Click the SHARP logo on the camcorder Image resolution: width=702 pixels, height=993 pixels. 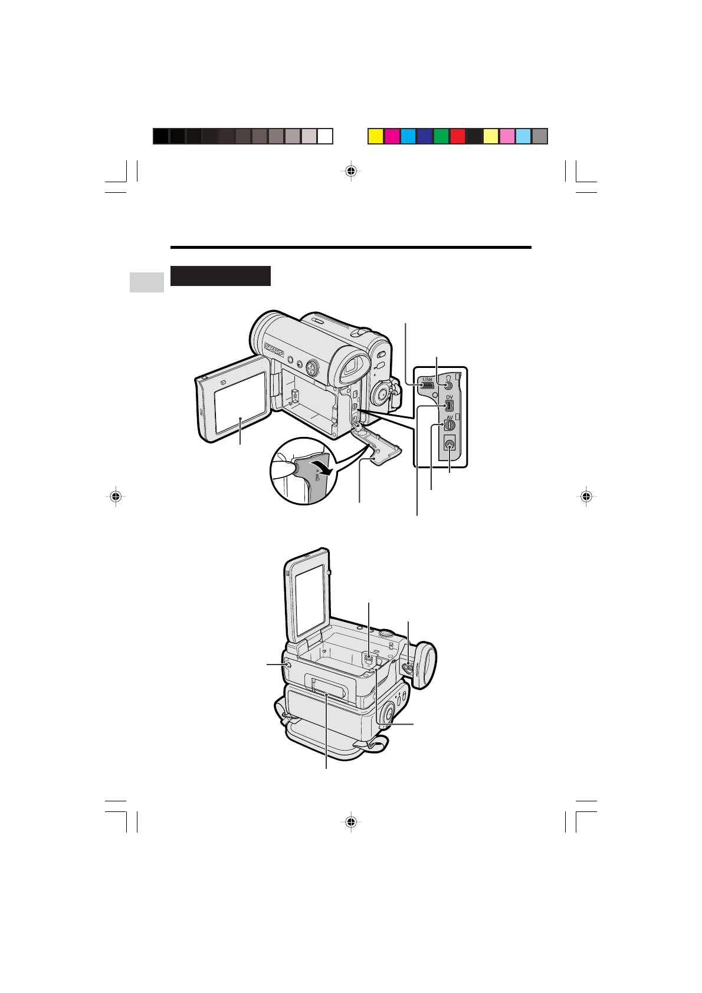274,350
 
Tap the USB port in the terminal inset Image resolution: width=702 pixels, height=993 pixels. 427,385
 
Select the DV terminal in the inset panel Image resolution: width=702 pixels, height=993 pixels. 449,405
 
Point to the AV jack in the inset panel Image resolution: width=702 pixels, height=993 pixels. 450,425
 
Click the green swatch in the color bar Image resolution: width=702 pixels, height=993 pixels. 441,136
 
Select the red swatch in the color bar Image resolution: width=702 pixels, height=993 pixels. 458,136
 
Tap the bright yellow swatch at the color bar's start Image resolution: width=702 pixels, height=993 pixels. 376,136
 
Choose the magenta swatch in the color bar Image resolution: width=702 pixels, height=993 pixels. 392,136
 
